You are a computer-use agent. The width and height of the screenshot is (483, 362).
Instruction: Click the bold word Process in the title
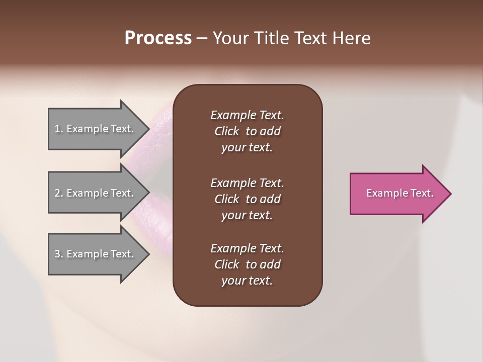[x=158, y=38]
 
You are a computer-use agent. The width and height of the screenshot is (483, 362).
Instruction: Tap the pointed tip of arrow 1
[x=148, y=129]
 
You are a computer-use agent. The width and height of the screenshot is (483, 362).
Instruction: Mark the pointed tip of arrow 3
[x=148, y=254]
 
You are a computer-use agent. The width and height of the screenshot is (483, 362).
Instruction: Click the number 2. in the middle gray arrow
[x=59, y=193]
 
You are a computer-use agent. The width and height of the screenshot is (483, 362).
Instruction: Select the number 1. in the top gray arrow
[x=59, y=129]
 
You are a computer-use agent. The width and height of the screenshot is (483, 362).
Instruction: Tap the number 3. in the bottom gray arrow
[x=59, y=254]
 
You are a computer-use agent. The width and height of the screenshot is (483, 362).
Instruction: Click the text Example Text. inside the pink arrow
[x=400, y=193]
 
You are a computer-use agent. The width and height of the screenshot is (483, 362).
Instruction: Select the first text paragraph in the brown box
[x=247, y=131]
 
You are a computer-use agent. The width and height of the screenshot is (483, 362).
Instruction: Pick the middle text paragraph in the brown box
[x=247, y=199]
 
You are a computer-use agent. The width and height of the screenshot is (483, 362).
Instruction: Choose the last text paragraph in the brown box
[x=247, y=264]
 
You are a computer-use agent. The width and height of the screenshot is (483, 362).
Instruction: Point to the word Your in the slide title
[x=231, y=38]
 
